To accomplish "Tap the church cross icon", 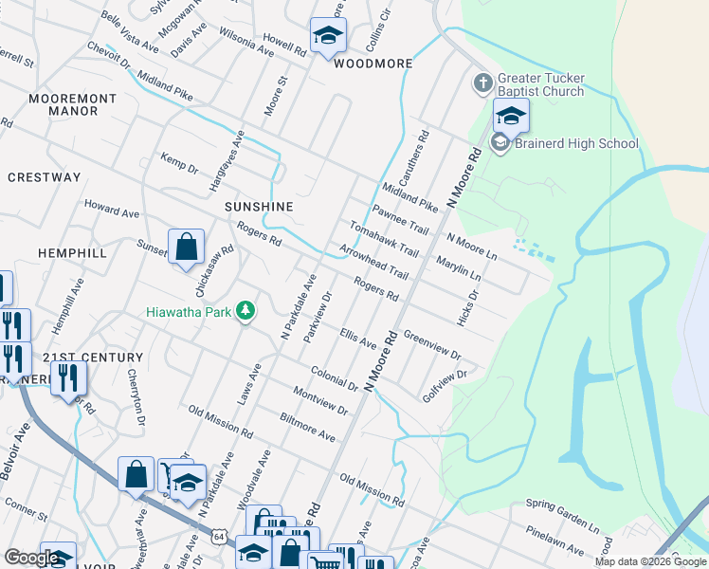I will pos(482,83).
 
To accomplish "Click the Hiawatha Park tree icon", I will pos(245,310).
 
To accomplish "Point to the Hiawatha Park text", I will pos(190,310).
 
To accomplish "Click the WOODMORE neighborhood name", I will pos(373,64).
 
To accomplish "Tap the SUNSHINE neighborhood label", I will pos(259,207).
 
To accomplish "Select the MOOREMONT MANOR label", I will pos(72,104).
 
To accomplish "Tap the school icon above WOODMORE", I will pos(328,36).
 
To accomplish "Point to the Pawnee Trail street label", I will pos(400,221).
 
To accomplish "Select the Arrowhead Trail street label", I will pos(373,263).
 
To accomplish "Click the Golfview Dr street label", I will pos(445,387).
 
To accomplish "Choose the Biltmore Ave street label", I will pos(308,428).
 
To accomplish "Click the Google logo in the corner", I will pos(32,558).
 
